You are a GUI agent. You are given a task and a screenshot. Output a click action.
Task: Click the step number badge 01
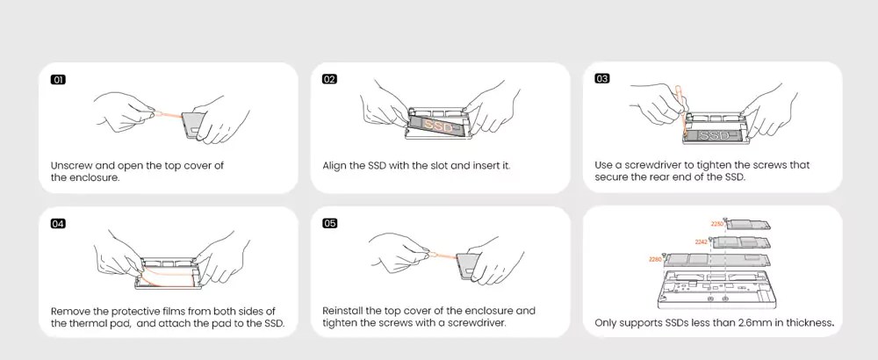coord(58,80)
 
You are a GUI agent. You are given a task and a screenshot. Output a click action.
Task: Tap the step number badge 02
coord(330,79)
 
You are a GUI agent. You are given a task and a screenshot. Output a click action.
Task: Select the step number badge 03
coord(602,78)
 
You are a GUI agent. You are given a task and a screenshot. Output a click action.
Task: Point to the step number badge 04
coord(58,224)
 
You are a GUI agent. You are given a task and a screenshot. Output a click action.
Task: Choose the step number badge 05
coord(330,223)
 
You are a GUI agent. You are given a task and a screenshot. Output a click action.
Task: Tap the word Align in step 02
coord(334,166)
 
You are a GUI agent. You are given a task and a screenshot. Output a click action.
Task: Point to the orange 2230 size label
coord(717,224)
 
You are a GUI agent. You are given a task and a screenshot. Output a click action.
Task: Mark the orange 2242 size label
coord(701,241)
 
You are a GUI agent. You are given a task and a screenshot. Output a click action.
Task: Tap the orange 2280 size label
coord(655,260)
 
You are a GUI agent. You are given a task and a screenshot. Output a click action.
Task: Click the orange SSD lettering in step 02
coord(438,125)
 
